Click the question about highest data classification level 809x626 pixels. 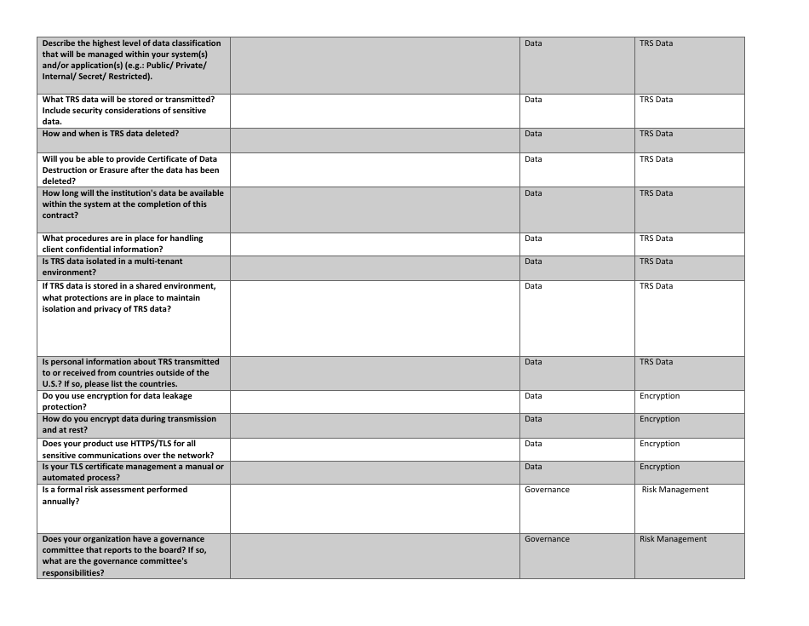click(x=131, y=60)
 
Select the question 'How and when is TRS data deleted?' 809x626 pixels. click(x=111, y=134)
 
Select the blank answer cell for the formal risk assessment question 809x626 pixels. click(x=375, y=508)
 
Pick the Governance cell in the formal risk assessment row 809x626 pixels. click(x=547, y=490)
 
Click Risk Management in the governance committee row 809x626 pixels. click(x=673, y=539)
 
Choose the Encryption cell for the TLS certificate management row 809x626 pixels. click(x=659, y=467)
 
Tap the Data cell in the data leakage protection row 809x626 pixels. click(x=533, y=396)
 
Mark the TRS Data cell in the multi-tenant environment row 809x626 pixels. click(x=656, y=261)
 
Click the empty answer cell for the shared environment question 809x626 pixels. click(x=375, y=318)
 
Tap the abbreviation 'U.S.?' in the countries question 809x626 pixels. click(x=54, y=384)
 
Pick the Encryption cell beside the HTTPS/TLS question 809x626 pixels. click(x=659, y=444)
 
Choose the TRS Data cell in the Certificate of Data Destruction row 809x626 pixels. click(x=656, y=159)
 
